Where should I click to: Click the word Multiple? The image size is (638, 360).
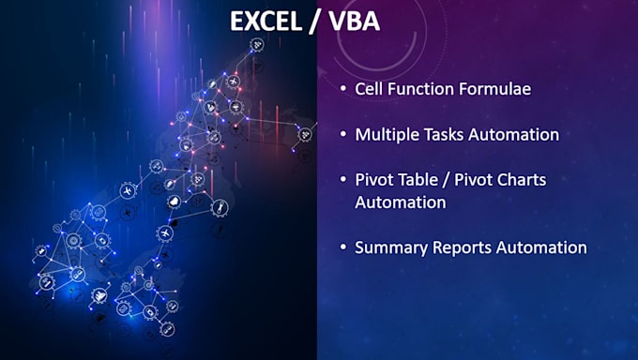point(385,134)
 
